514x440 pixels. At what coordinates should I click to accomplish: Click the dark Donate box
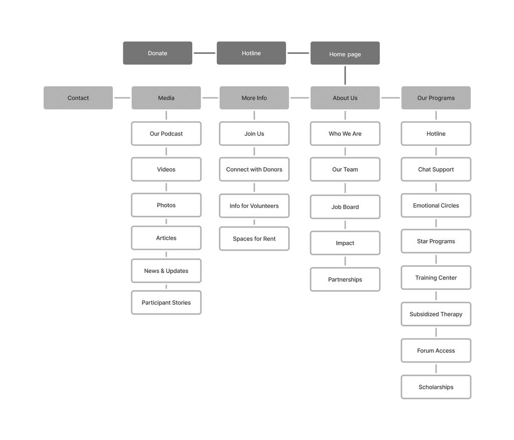click(x=158, y=53)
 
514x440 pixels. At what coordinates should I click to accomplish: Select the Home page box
click(x=345, y=54)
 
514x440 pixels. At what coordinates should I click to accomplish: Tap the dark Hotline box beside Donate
click(x=251, y=53)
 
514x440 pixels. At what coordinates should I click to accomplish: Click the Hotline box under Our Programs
click(x=436, y=134)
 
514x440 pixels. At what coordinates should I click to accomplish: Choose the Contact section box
click(x=78, y=98)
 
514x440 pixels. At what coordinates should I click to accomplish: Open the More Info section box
click(x=254, y=98)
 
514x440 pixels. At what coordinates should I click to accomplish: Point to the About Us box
click(x=345, y=98)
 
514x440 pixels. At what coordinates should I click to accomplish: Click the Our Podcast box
click(x=166, y=134)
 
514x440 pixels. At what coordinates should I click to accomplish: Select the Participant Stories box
click(x=166, y=302)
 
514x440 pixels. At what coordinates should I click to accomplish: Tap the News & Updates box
click(x=166, y=271)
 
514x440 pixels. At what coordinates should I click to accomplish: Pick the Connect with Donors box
click(x=254, y=169)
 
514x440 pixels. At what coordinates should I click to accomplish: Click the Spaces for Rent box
click(x=254, y=239)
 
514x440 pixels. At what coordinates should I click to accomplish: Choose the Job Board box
click(x=345, y=207)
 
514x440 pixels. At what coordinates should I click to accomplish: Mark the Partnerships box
click(x=345, y=279)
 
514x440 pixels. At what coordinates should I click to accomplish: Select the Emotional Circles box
click(x=436, y=205)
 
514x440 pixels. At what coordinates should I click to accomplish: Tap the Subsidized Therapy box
click(x=436, y=314)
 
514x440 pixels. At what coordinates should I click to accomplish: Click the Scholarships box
click(x=436, y=387)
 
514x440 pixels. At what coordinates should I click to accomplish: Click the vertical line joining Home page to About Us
click(x=345, y=75)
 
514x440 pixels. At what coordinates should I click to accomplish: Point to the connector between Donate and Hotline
click(x=204, y=53)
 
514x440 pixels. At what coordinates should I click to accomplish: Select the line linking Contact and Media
click(x=122, y=98)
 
